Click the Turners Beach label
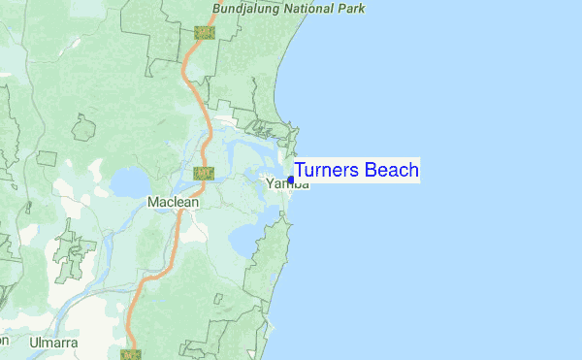[x=356, y=171]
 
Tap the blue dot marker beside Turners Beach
[x=291, y=180]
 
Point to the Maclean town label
[x=173, y=202]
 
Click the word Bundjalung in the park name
[x=248, y=10]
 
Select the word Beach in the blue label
[x=394, y=171]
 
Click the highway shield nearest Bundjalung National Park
[x=204, y=32]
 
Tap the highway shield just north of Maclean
[x=203, y=174]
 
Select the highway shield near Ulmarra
[x=130, y=354]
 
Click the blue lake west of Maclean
[x=128, y=181]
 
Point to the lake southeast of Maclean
[x=242, y=238]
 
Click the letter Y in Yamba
[x=271, y=183]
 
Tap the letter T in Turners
[x=300, y=171]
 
